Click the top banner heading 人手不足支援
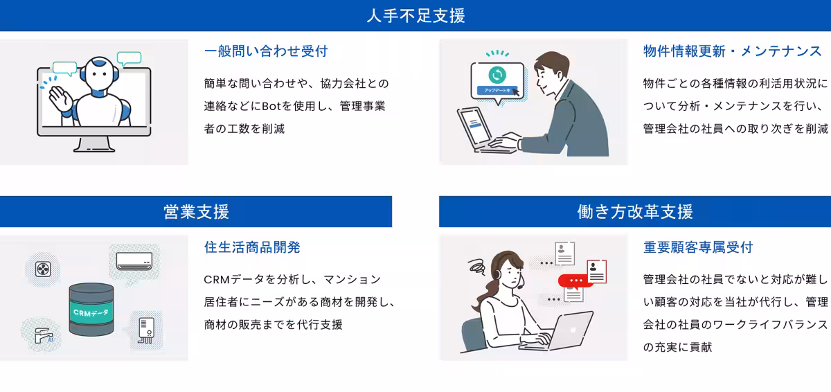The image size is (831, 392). [415, 15]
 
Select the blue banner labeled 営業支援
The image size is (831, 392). [196, 211]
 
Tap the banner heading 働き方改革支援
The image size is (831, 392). [635, 211]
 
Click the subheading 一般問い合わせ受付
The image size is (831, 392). [266, 51]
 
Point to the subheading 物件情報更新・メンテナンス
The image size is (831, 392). [733, 51]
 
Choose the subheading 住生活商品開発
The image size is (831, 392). [252, 247]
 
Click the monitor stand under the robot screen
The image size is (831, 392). [93, 144]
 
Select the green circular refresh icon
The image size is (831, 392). [497, 75]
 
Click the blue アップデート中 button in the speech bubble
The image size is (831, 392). [497, 91]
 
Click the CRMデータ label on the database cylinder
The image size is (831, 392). [91, 313]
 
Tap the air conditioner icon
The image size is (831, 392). [134, 261]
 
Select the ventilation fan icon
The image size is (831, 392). [43, 268]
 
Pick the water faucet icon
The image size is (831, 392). [44, 335]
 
